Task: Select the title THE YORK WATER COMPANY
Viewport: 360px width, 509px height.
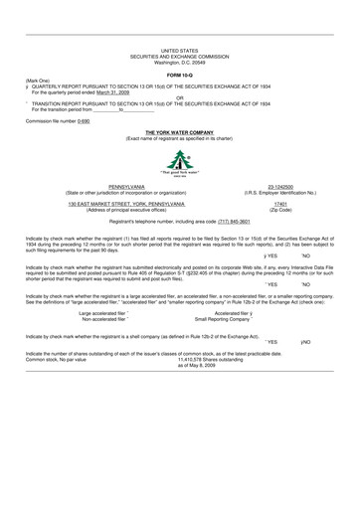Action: tap(179, 131)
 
